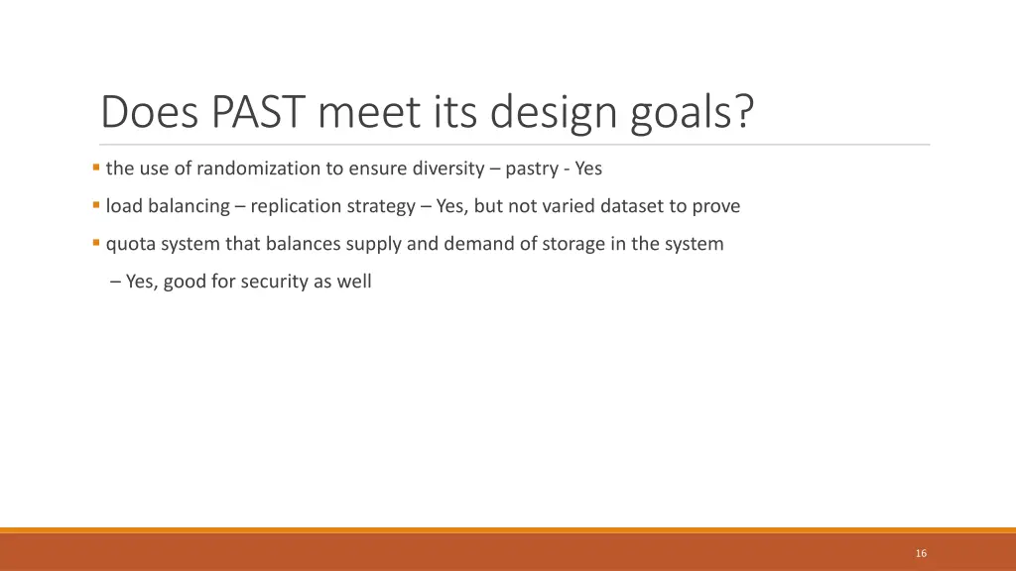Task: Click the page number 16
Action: [921, 553]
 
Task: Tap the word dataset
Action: [632, 206]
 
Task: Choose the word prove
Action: [716, 206]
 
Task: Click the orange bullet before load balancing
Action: [95, 205]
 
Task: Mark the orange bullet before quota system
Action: [95, 243]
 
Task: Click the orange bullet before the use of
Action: [95, 168]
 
